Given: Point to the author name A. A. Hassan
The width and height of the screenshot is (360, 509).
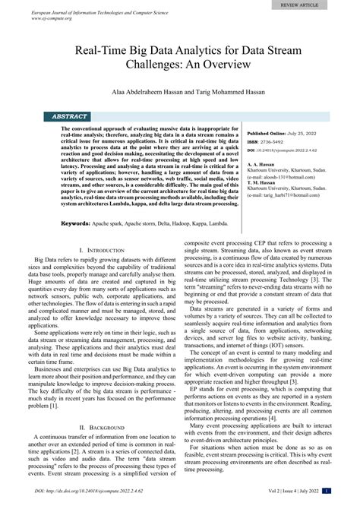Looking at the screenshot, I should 264,161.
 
